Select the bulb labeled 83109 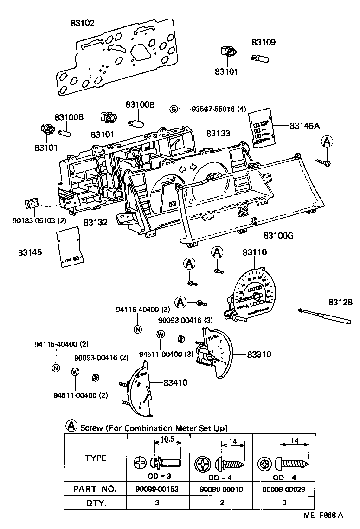[260, 59]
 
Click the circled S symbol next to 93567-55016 [174, 110]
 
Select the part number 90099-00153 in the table [158, 489]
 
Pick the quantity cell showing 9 [283, 503]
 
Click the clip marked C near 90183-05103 [32, 203]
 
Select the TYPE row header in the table [96, 458]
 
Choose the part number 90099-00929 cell [283, 489]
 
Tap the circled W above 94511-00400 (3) [161, 334]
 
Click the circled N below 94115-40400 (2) [56, 368]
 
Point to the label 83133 [218, 134]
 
